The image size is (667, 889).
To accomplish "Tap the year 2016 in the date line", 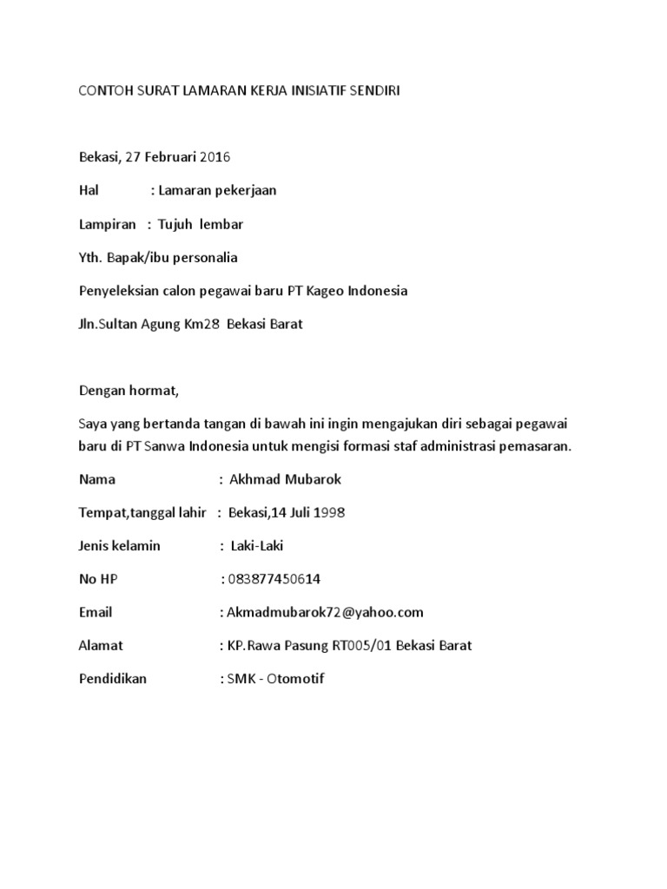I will [x=215, y=157].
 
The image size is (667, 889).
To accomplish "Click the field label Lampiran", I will [x=108, y=224].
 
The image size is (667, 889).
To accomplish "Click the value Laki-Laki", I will [x=256, y=545].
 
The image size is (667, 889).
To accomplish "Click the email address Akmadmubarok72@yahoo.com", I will [x=324, y=612].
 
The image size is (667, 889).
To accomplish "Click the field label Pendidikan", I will [x=113, y=679].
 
